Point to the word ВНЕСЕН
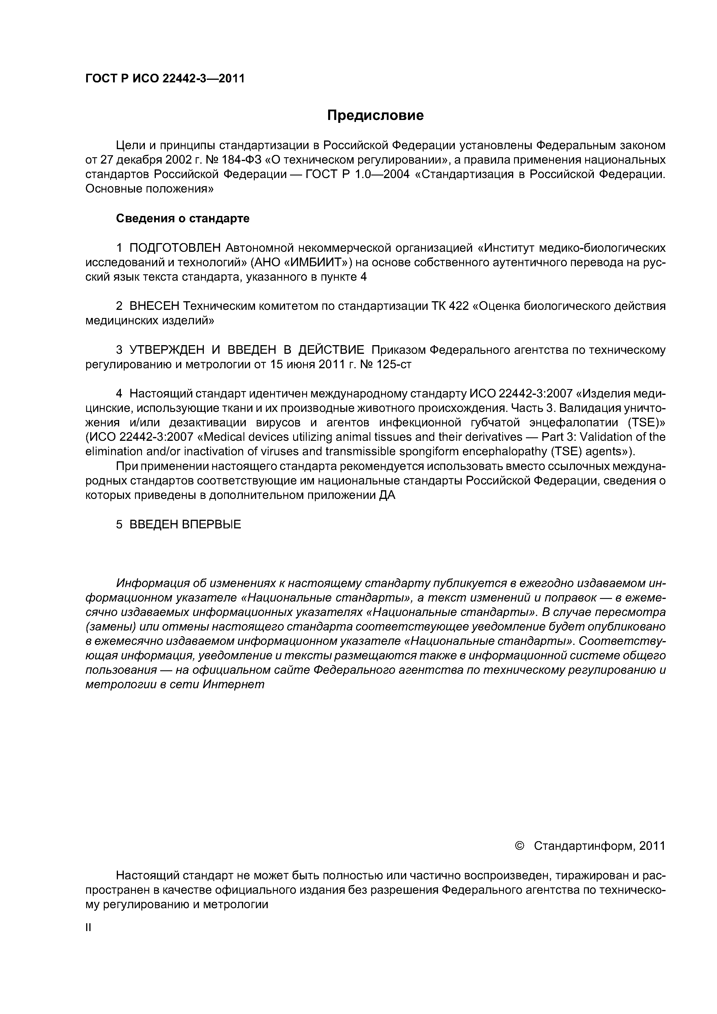pyautogui.click(x=154, y=306)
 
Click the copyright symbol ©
pyautogui.click(x=520, y=846)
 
